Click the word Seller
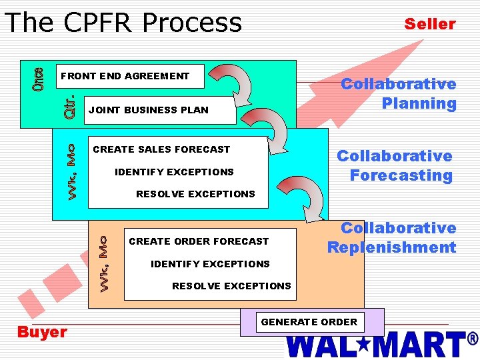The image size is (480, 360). pos(430,25)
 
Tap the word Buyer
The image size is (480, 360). pos(42,332)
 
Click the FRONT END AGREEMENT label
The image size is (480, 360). pos(125,76)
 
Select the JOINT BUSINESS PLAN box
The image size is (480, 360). pos(161,110)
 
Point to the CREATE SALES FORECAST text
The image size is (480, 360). pos(161,149)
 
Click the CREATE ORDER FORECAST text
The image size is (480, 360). pos(199,241)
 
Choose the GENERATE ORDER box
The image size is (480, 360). pos(309,322)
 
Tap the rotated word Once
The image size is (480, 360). pos(39,80)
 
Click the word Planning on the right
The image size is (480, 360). pos(419,103)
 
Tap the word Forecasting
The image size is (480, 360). pos(401,175)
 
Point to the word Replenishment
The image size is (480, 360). pos(391,247)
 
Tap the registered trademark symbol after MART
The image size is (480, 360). pos(473,339)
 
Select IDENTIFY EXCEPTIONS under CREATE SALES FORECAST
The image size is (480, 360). pos(174,172)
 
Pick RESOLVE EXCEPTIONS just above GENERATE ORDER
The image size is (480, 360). pos(231,286)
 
